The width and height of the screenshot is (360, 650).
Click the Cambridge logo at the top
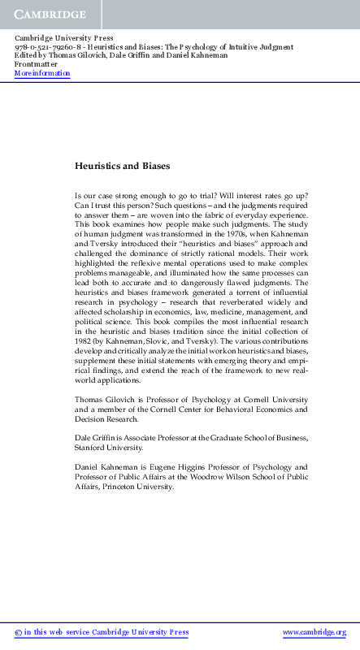pos(49,14)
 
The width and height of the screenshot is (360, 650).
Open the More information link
pos(42,73)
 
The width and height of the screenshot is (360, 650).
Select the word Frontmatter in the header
pos(36,64)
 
